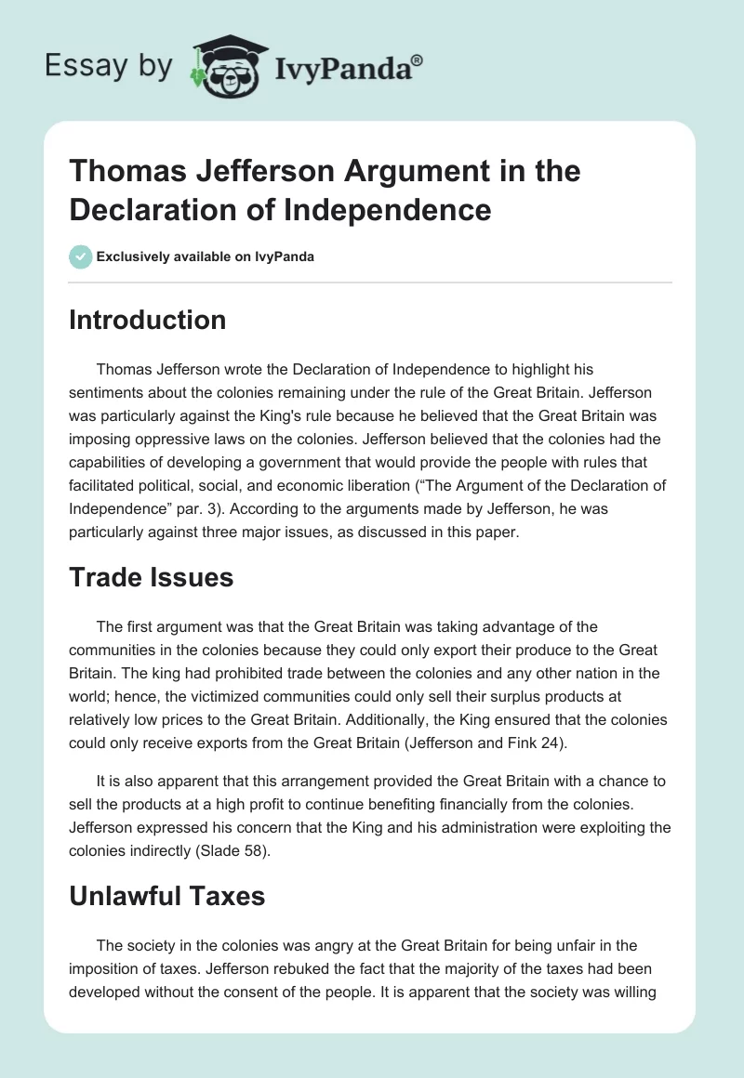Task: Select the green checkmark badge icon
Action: tap(81, 256)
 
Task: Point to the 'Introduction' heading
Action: tap(148, 320)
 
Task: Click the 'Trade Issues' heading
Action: tap(152, 577)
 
